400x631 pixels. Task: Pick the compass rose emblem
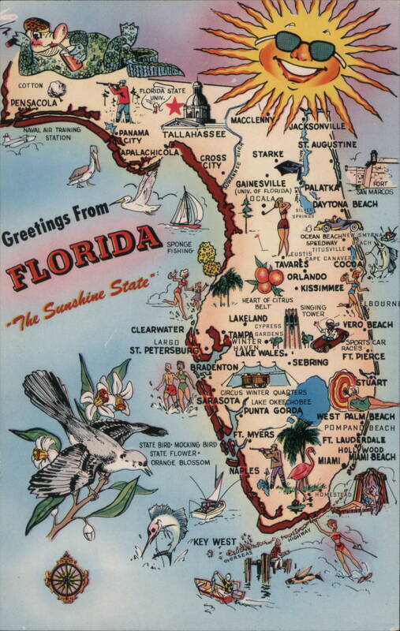pos(66,576)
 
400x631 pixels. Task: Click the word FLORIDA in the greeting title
pos(78,255)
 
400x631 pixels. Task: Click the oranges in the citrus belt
pos(269,277)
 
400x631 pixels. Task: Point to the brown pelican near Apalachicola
pos(82,167)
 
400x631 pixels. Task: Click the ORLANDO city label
pos(305,276)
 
